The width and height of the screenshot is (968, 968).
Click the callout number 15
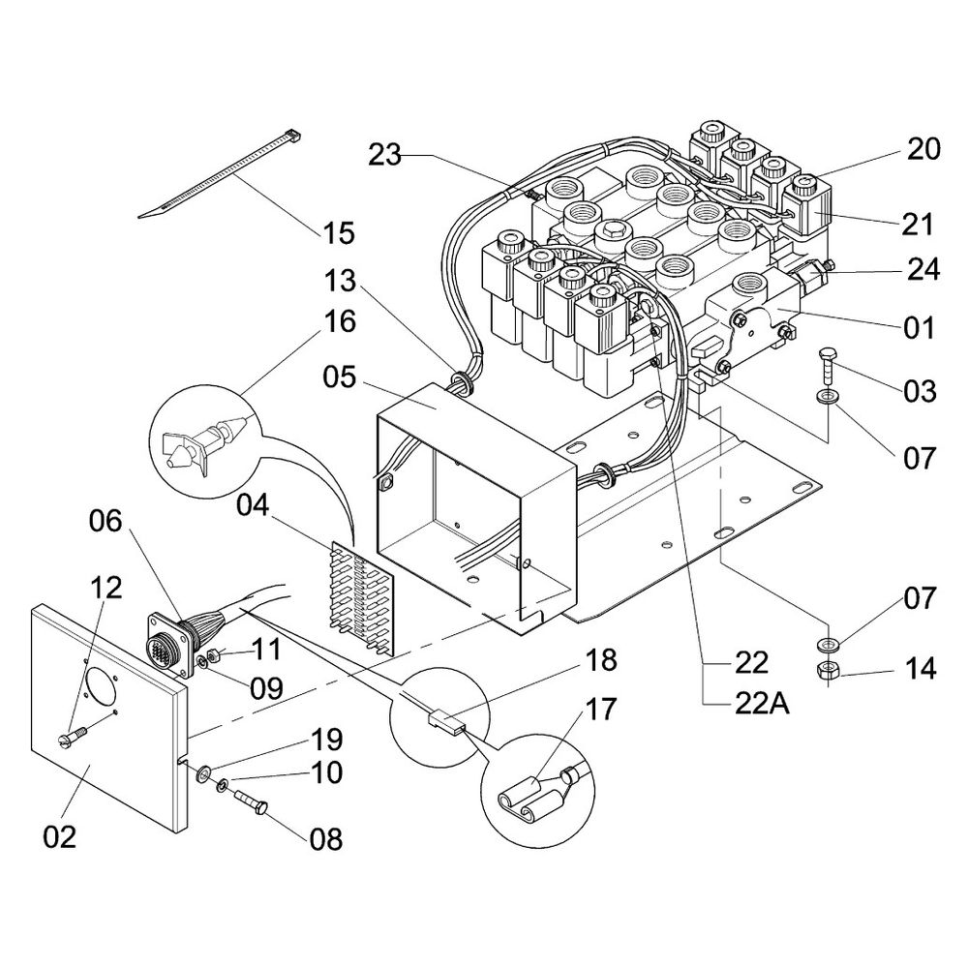click(x=339, y=233)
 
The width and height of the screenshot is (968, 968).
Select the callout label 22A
click(x=762, y=704)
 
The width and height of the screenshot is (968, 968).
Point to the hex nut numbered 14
click(x=826, y=670)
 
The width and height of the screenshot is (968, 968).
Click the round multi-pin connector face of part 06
click(x=160, y=649)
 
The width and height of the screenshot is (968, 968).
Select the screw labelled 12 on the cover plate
click(x=73, y=735)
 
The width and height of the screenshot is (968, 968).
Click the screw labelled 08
click(x=251, y=802)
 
